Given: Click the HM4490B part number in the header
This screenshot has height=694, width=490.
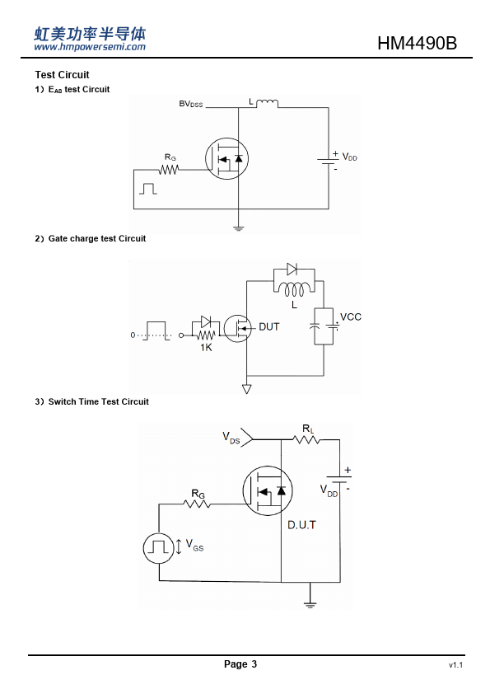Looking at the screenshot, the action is point(417,44).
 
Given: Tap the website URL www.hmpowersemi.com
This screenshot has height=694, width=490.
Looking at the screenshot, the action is point(90,47).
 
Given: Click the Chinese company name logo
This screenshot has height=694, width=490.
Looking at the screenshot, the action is point(90,34).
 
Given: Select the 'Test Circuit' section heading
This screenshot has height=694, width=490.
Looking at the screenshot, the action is point(62,75).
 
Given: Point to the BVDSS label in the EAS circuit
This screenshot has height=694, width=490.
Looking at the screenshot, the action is point(191,104).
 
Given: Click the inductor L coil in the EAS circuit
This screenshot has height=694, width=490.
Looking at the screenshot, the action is point(268,103).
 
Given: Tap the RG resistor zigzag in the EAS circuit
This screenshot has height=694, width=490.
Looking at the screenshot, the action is point(169,170).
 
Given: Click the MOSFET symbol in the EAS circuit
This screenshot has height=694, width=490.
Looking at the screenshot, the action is point(226,158).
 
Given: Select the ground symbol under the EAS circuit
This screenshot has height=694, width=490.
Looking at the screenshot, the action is point(238,228).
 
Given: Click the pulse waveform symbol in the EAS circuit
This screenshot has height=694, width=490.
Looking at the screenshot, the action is point(148,189).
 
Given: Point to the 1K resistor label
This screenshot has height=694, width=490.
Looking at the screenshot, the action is point(206,348).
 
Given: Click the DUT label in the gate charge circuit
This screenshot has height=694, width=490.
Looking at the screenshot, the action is point(268,326).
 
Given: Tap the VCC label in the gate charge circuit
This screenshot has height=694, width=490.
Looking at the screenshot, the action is point(351,317).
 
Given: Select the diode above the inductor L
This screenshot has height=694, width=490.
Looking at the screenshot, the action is point(292,269).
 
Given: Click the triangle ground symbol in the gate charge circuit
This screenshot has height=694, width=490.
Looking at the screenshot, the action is point(247,389).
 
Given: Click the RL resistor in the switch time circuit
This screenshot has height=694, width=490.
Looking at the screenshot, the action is point(306,439).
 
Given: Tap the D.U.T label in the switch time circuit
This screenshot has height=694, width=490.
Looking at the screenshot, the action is point(301,525).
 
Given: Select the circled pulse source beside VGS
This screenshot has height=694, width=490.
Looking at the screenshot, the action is point(158,548).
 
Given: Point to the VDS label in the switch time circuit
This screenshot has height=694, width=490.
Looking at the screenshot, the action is point(231,438).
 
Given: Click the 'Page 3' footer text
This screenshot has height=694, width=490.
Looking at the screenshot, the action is point(240,664).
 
